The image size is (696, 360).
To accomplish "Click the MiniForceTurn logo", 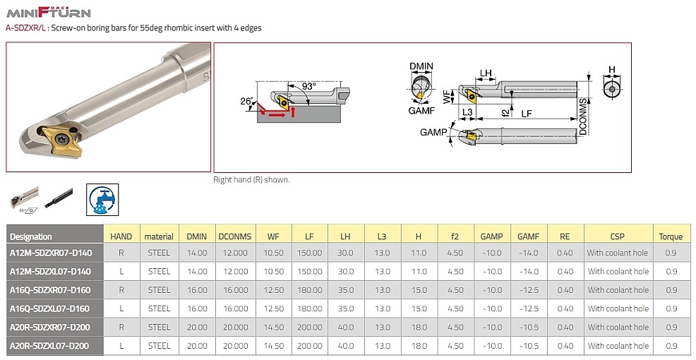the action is [49, 12].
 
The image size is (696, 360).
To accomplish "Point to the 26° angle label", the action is [246, 101].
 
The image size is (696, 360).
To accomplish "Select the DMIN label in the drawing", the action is [421, 66].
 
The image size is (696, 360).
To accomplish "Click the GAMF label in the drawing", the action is [421, 111].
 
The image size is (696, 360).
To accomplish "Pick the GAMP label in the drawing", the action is [433, 132].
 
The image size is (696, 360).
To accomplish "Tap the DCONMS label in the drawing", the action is [583, 116].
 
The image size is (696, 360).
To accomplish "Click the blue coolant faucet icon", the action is [102, 199].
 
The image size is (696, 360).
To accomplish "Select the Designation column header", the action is [30, 236].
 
